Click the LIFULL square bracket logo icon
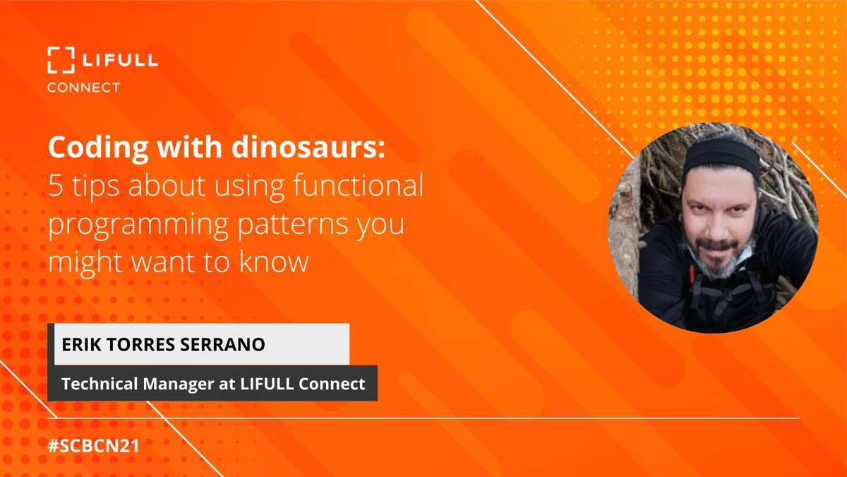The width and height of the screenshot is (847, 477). [61, 60]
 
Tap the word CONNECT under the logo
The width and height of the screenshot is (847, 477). [83, 88]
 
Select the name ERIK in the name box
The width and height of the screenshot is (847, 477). [80, 345]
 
